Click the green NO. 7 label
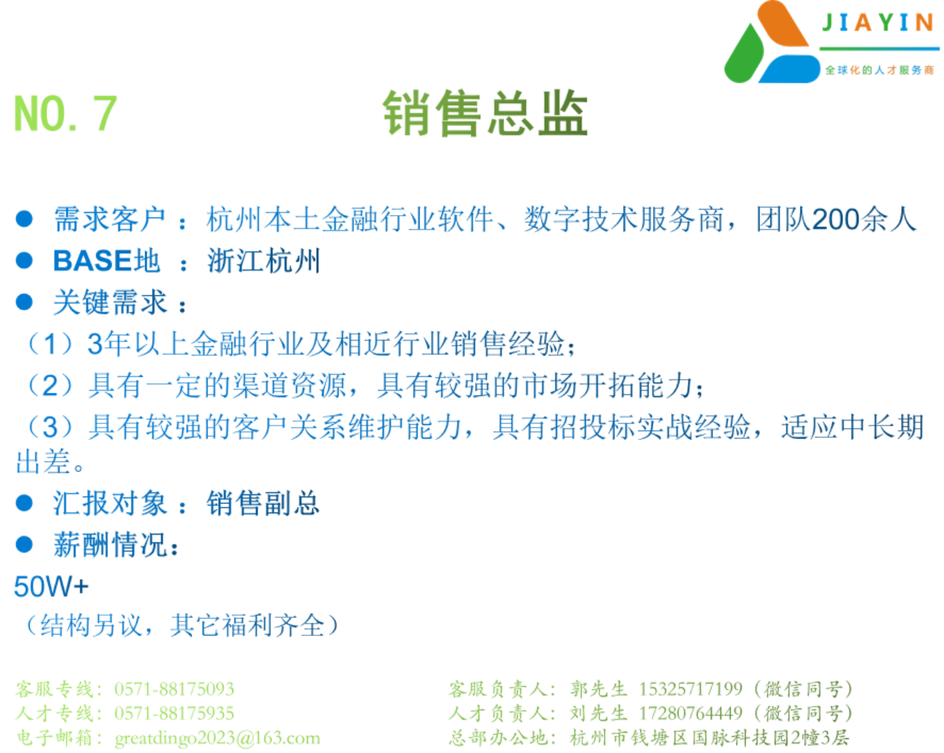(x=65, y=114)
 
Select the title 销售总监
(x=485, y=113)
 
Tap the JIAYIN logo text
(x=878, y=23)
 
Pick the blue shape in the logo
(x=789, y=69)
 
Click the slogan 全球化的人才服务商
(x=879, y=70)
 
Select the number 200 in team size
(x=835, y=219)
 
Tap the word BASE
(x=92, y=261)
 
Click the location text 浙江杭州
(x=264, y=261)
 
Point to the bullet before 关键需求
(x=24, y=302)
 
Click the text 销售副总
(x=263, y=503)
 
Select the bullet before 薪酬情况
(x=24, y=545)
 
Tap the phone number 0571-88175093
(x=174, y=689)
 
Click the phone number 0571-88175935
(x=174, y=713)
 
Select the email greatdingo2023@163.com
(x=218, y=738)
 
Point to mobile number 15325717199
(x=691, y=689)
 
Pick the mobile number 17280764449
(x=691, y=713)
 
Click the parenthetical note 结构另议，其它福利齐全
(x=182, y=625)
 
